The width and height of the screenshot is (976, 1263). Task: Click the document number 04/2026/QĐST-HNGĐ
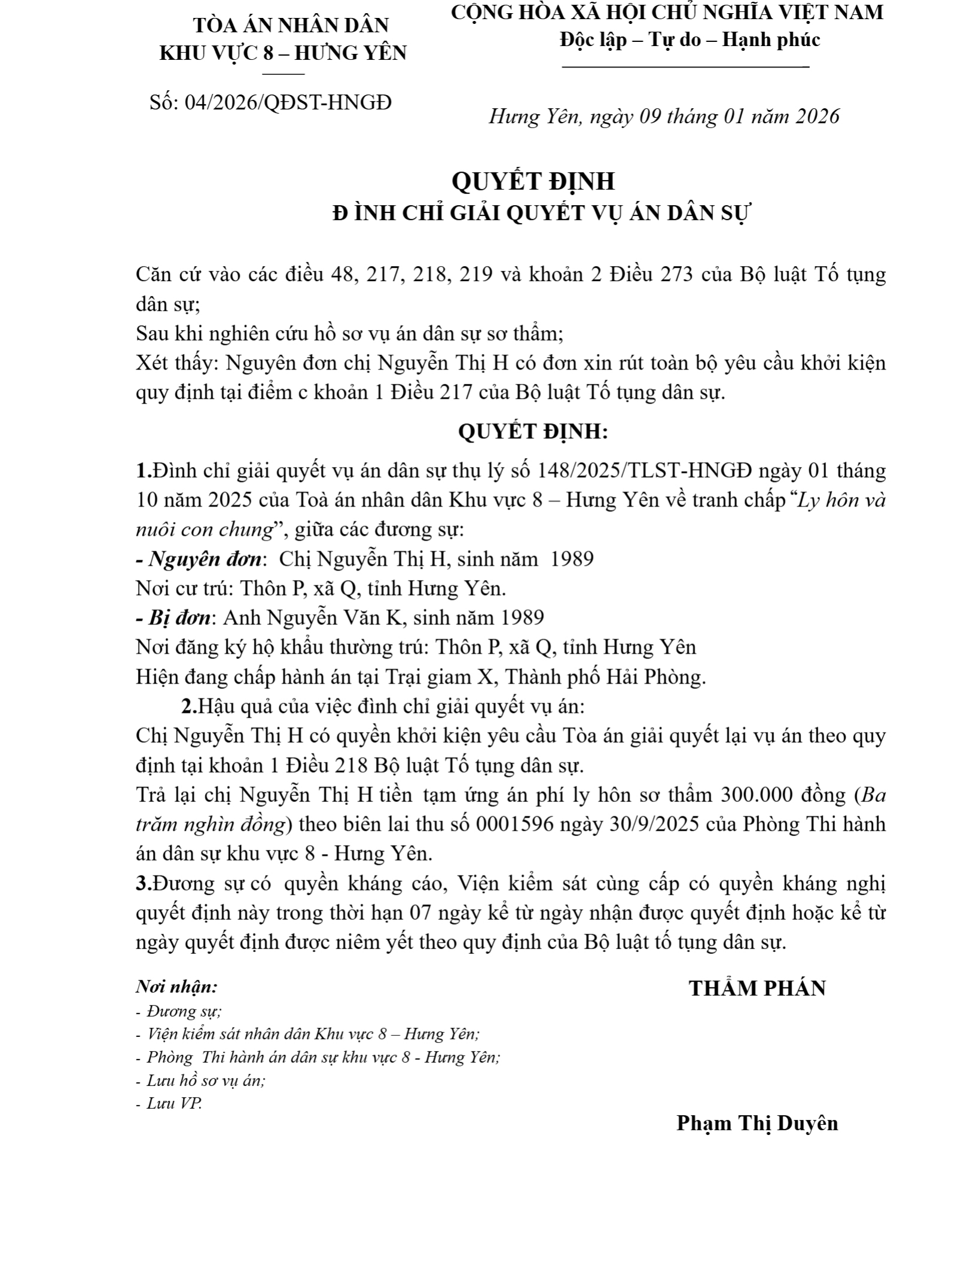(x=288, y=103)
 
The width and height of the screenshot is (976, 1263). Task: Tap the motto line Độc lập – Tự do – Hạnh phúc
(x=690, y=40)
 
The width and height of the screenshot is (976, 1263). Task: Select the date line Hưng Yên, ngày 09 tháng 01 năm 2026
(x=664, y=116)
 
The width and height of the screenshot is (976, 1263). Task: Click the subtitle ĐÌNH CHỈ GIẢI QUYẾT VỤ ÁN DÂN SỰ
(x=541, y=213)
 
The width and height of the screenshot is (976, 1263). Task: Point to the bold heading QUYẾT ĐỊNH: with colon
(x=533, y=432)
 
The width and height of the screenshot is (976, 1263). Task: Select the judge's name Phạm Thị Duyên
(x=757, y=1123)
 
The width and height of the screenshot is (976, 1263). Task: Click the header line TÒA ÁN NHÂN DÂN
(x=291, y=25)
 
